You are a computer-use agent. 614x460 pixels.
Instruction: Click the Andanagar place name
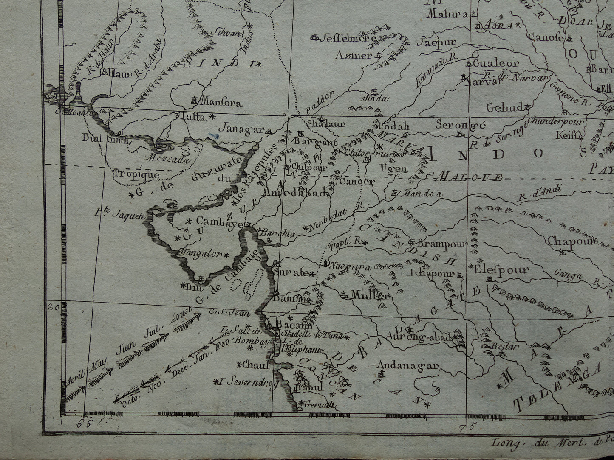click(x=408, y=365)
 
